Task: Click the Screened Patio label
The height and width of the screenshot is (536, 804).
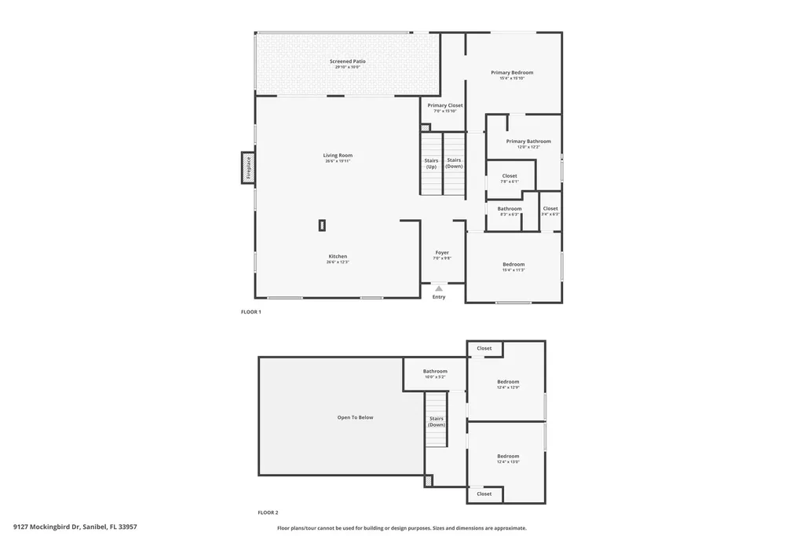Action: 347,61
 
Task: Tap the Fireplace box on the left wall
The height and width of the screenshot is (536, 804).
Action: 247,167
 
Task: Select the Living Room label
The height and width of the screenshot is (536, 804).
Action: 338,156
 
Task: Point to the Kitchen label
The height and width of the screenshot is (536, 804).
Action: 338,256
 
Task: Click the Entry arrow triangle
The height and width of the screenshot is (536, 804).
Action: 439,288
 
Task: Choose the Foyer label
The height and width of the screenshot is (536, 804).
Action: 442,253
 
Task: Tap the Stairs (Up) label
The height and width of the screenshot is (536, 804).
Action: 431,163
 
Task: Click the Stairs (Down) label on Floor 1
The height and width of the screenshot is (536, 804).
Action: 454,163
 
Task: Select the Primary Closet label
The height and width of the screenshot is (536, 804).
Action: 445,105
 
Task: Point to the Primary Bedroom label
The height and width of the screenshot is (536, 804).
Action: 512,72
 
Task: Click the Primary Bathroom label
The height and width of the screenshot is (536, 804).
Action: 528,141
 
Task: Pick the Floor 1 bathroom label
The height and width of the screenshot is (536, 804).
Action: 510,208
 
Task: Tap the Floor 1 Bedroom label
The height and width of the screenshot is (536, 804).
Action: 513,264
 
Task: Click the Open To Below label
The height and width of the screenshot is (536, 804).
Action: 355,417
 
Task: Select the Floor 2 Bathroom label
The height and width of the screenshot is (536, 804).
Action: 435,371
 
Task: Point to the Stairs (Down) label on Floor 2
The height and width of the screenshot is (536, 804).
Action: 437,421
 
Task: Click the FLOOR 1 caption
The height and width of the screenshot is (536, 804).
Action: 250,312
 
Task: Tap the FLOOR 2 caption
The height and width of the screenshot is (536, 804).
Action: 268,512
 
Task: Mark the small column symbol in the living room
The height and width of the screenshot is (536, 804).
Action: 322,226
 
